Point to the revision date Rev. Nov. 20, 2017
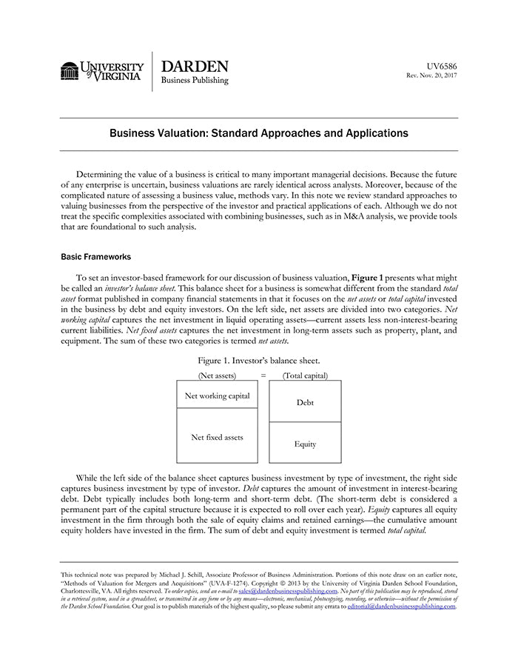(x=432, y=76)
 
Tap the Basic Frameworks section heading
(x=95, y=257)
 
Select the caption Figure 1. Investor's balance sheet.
(x=258, y=360)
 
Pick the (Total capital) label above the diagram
(x=305, y=375)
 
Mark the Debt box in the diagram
(x=305, y=402)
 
